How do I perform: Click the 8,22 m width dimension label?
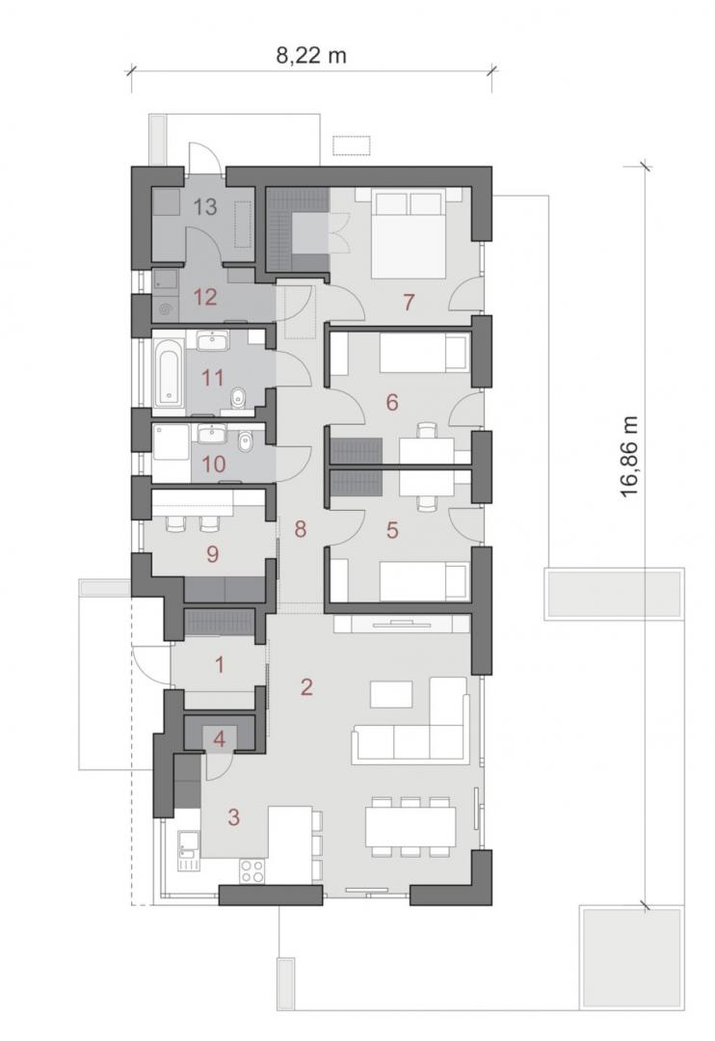(x=311, y=55)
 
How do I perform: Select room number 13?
(x=205, y=206)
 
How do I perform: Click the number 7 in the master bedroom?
(x=409, y=302)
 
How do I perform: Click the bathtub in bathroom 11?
(x=168, y=372)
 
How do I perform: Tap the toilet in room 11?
(x=238, y=398)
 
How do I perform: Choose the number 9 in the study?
(x=212, y=553)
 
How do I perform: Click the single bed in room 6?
(x=424, y=352)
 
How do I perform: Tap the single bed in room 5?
(x=424, y=581)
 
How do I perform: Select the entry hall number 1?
(x=220, y=664)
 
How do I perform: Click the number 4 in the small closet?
(x=219, y=738)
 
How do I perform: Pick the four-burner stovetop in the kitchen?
(x=252, y=870)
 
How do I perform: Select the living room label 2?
(x=305, y=686)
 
